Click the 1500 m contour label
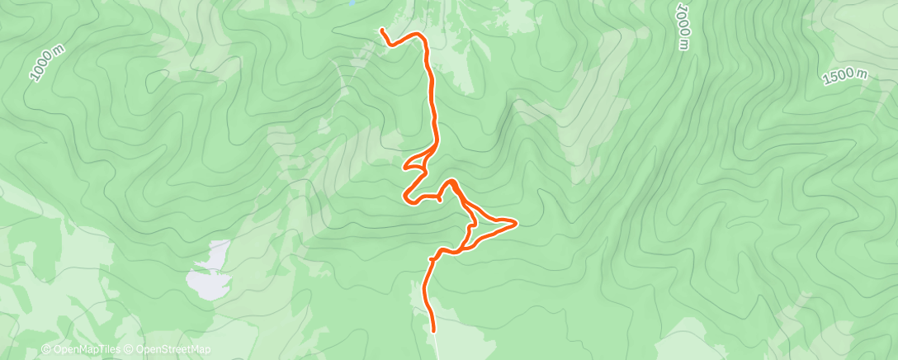(845, 76)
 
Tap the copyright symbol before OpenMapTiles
(46, 350)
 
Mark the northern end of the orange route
(382, 31)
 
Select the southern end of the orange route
(433, 331)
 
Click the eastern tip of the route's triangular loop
(516, 222)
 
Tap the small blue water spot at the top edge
(352, 3)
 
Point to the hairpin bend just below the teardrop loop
(407, 197)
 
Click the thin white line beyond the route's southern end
(436, 347)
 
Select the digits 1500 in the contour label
(839, 78)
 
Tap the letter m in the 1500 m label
(863, 72)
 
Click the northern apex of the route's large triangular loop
(451, 181)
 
